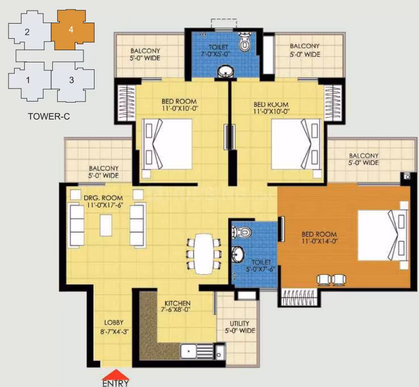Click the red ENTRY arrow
tap(116, 374)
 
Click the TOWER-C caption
tap(49, 117)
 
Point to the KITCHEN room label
tap(177, 304)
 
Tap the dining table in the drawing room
tap(204, 254)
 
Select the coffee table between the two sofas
tap(106, 225)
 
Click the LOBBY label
tap(114, 323)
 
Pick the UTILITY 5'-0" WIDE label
tap(240, 327)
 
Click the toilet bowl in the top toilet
tap(245, 42)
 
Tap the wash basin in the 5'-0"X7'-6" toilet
tap(237, 254)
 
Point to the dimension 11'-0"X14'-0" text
tap(320, 241)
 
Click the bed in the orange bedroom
tap(383, 235)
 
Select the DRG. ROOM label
tap(103, 198)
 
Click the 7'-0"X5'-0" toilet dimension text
tap(216, 54)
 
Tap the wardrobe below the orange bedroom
tap(299, 297)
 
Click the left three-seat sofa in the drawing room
tap(77, 225)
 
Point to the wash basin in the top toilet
tap(225, 72)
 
